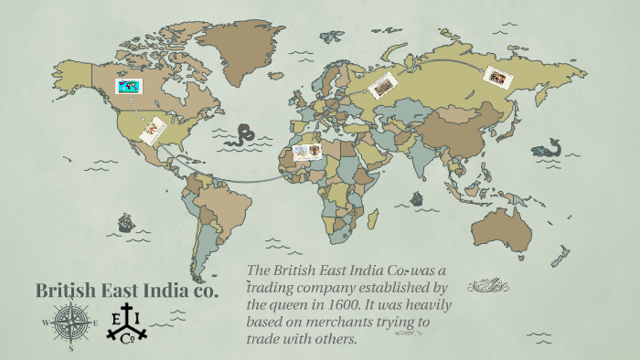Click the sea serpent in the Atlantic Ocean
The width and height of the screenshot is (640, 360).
pos(242,136)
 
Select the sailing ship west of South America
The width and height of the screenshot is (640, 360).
pos(125,222)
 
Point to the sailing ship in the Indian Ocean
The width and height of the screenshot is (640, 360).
pos(417,197)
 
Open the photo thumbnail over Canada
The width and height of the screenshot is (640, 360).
pos(128,87)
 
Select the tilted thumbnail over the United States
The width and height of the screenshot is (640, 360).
pos(153,130)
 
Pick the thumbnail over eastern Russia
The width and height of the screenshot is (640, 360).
pos(499,77)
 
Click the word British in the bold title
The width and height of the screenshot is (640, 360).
pos(66,291)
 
